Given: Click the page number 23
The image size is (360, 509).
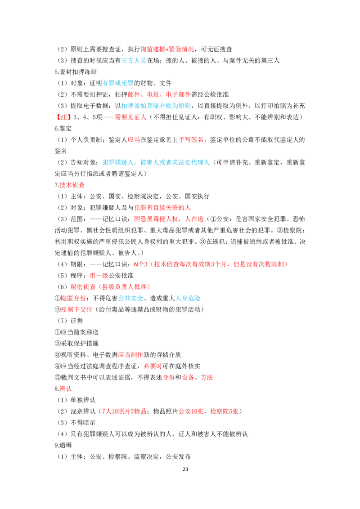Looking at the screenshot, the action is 185,469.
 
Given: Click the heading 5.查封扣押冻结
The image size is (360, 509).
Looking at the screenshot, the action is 76,72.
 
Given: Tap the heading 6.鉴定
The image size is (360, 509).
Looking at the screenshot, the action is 63,128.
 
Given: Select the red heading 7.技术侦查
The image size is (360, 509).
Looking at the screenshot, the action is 70,185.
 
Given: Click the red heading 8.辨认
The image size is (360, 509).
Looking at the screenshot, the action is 63,388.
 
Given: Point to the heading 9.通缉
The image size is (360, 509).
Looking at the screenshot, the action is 63,445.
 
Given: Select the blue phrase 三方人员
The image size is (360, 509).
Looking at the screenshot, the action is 134,60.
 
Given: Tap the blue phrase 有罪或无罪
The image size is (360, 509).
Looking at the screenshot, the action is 118,83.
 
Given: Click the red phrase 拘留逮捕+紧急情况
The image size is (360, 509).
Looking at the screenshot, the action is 167,49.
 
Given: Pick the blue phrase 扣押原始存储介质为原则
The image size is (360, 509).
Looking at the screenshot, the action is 156,106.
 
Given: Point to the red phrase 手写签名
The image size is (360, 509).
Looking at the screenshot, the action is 191,139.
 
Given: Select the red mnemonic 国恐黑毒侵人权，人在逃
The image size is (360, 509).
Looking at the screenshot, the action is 169,219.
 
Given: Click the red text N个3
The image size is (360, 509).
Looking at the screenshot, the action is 141,264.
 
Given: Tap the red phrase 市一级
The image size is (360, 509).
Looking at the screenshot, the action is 99,275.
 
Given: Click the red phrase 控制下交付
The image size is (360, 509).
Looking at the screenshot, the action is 76,309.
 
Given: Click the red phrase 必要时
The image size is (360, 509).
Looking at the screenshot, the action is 153,366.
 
